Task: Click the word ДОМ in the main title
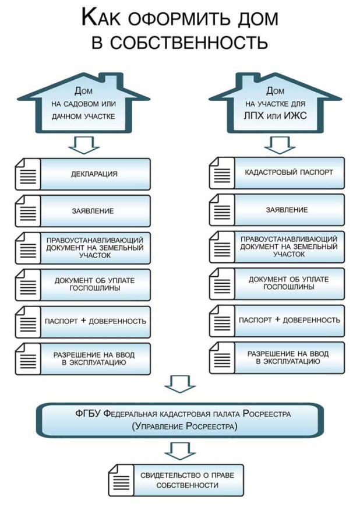tap(257, 19)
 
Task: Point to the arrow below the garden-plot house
tap(84, 145)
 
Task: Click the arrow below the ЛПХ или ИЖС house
tap(280, 145)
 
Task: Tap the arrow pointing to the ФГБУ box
tap(180, 384)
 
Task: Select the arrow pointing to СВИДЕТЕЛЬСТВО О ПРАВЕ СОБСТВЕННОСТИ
tap(180, 451)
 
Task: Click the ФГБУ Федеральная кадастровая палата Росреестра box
tap(180, 420)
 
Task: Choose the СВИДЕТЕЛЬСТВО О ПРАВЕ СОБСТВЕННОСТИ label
tap(187, 480)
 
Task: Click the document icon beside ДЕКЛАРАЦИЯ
tap(28, 174)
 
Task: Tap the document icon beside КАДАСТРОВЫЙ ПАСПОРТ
tap(222, 172)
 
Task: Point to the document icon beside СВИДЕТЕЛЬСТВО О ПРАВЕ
tap(121, 480)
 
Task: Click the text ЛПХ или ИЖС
tap(276, 116)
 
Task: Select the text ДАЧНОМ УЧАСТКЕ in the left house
tap(83, 117)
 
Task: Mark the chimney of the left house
tap(111, 79)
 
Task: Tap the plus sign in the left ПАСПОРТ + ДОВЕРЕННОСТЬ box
tap(83, 321)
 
